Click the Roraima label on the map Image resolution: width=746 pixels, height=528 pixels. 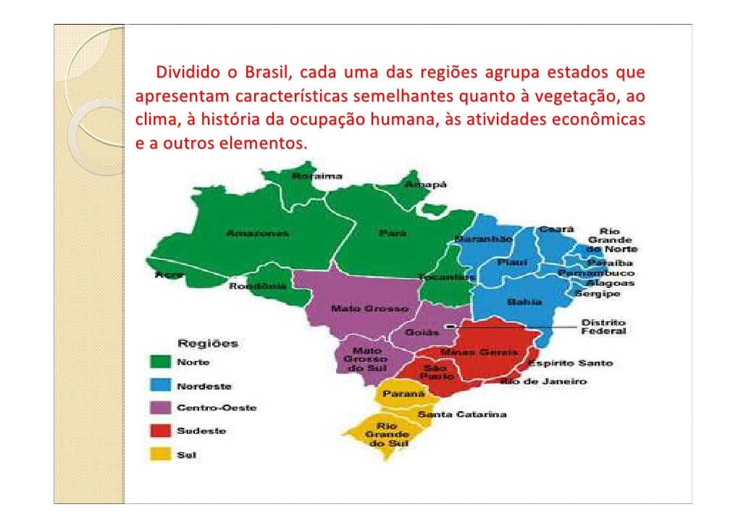coord(317,176)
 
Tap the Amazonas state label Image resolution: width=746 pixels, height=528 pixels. coord(258,234)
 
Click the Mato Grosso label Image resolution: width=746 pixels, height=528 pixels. coord(360,309)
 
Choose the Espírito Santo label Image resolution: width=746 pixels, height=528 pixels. coord(569,363)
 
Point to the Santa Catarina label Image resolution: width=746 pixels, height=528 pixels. coord(462,414)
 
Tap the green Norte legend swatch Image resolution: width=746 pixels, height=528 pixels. coord(160,361)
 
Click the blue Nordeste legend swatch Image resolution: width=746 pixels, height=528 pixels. coord(160,385)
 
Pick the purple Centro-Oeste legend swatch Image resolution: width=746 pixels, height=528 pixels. coord(160,408)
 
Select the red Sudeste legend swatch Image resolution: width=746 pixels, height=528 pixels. coord(160,432)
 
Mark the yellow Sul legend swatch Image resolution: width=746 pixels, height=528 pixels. coord(160,455)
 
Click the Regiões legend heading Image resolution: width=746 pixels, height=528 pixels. coord(209,342)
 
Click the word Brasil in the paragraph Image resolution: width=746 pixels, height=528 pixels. coord(267,73)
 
